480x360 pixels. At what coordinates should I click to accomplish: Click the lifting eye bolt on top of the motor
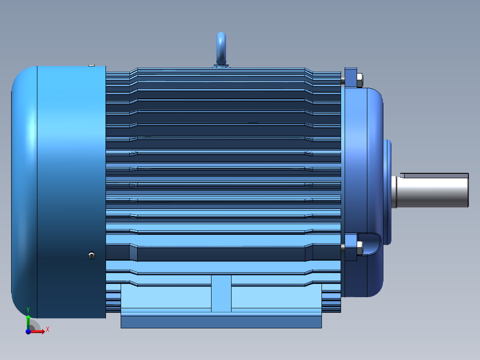click(221, 47)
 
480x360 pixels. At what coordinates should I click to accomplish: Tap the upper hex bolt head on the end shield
click(359, 80)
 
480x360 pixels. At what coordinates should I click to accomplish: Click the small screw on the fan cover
click(92, 255)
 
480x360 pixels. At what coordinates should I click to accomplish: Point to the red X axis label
click(48, 330)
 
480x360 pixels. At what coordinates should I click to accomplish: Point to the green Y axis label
click(28, 309)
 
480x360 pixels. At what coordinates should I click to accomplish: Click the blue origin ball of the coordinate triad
click(28, 331)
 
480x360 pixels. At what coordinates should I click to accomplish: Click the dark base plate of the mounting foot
click(221, 322)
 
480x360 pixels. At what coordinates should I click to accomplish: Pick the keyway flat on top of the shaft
click(434, 176)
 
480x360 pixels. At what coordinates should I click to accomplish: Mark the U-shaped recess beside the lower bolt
click(371, 245)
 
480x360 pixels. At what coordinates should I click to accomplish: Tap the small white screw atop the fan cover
click(91, 65)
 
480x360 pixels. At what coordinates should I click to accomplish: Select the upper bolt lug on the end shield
click(351, 78)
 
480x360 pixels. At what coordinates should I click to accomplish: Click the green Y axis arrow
click(28, 320)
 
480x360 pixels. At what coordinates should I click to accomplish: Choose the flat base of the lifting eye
click(221, 66)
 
